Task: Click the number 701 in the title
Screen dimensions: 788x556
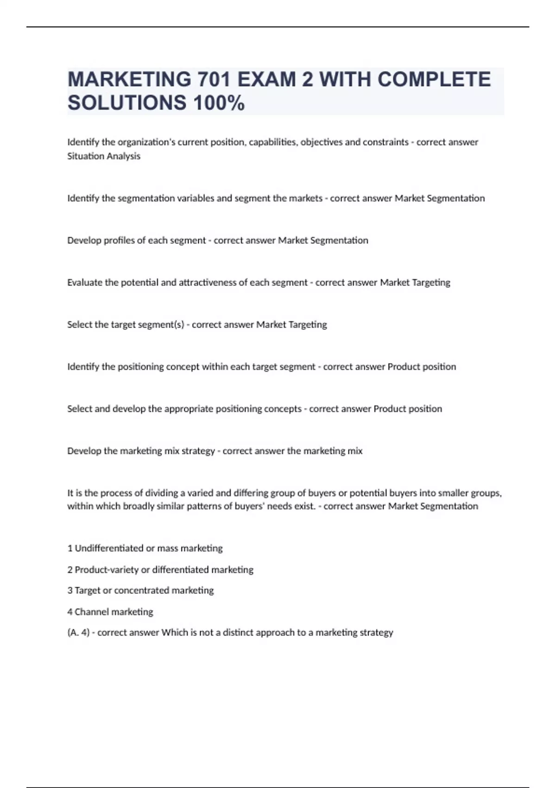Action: coord(214,79)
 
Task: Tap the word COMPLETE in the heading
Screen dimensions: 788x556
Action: coord(434,79)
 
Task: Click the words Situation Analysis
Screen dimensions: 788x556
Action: coord(104,156)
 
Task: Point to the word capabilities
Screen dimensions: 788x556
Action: coord(273,142)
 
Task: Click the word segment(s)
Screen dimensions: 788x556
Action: coord(162,324)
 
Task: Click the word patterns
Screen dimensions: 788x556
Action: coord(202,506)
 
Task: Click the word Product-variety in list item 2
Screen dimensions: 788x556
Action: coord(106,570)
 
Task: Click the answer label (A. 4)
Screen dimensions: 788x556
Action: coord(78,633)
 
